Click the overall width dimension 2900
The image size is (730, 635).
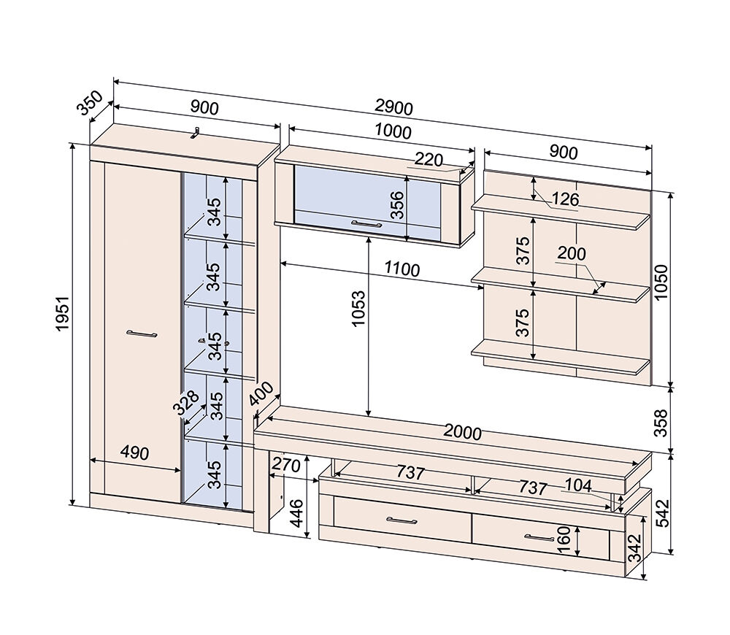click(x=394, y=108)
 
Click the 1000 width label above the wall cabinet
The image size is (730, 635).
click(x=393, y=132)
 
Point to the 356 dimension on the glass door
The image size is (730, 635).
click(x=397, y=205)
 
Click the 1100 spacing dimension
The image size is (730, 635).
click(x=402, y=269)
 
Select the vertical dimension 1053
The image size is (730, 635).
click(x=359, y=309)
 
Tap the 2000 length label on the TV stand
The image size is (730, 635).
click(x=462, y=433)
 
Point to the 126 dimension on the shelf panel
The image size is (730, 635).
click(x=566, y=199)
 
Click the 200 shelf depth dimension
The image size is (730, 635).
click(x=572, y=253)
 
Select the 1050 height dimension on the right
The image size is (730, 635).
click(x=661, y=282)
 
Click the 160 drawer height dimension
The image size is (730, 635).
click(x=564, y=539)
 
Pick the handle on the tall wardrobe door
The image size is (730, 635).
click(x=142, y=334)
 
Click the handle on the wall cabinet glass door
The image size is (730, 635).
click(x=366, y=224)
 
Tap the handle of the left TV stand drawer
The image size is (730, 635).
click(x=401, y=520)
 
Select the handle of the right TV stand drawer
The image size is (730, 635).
click(x=539, y=537)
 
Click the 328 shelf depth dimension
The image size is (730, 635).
click(x=185, y=402)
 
